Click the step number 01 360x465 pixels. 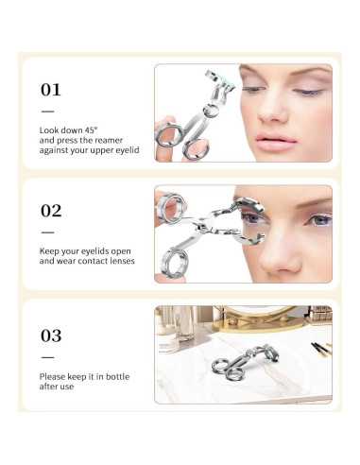coord(50,91)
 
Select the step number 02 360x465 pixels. coord(50,211)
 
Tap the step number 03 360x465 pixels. coord(50,336)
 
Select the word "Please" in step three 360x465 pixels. coord(52,377)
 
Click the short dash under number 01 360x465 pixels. coord(47,111)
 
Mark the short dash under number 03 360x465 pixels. coord(47,356)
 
